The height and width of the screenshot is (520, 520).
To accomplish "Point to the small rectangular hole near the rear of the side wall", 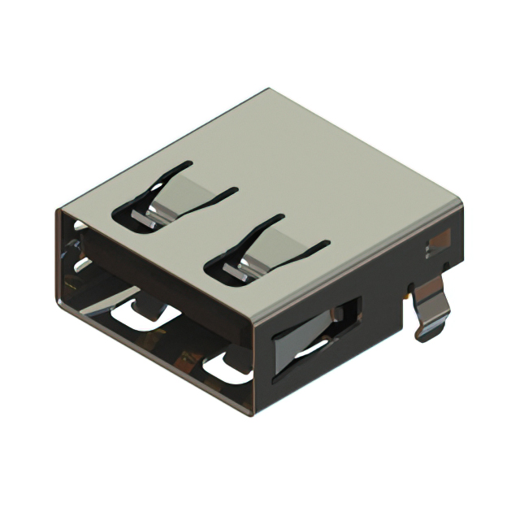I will (439, 240).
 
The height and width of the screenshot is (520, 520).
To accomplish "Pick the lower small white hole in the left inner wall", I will (80, 263).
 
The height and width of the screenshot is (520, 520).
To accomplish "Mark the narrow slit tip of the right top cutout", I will (325, 243).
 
